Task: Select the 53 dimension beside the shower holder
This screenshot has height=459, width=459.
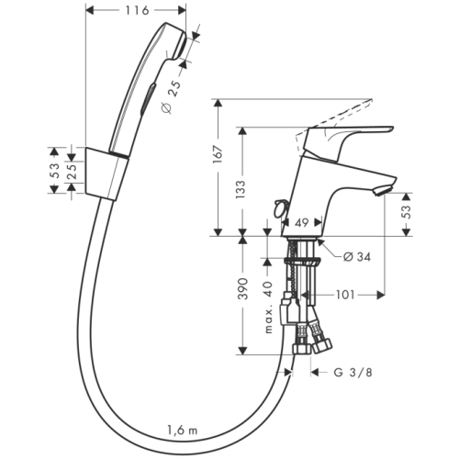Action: point(55,170)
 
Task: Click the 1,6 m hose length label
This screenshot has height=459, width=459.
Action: point(181,431)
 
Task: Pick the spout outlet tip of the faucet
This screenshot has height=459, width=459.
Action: point(384,190)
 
